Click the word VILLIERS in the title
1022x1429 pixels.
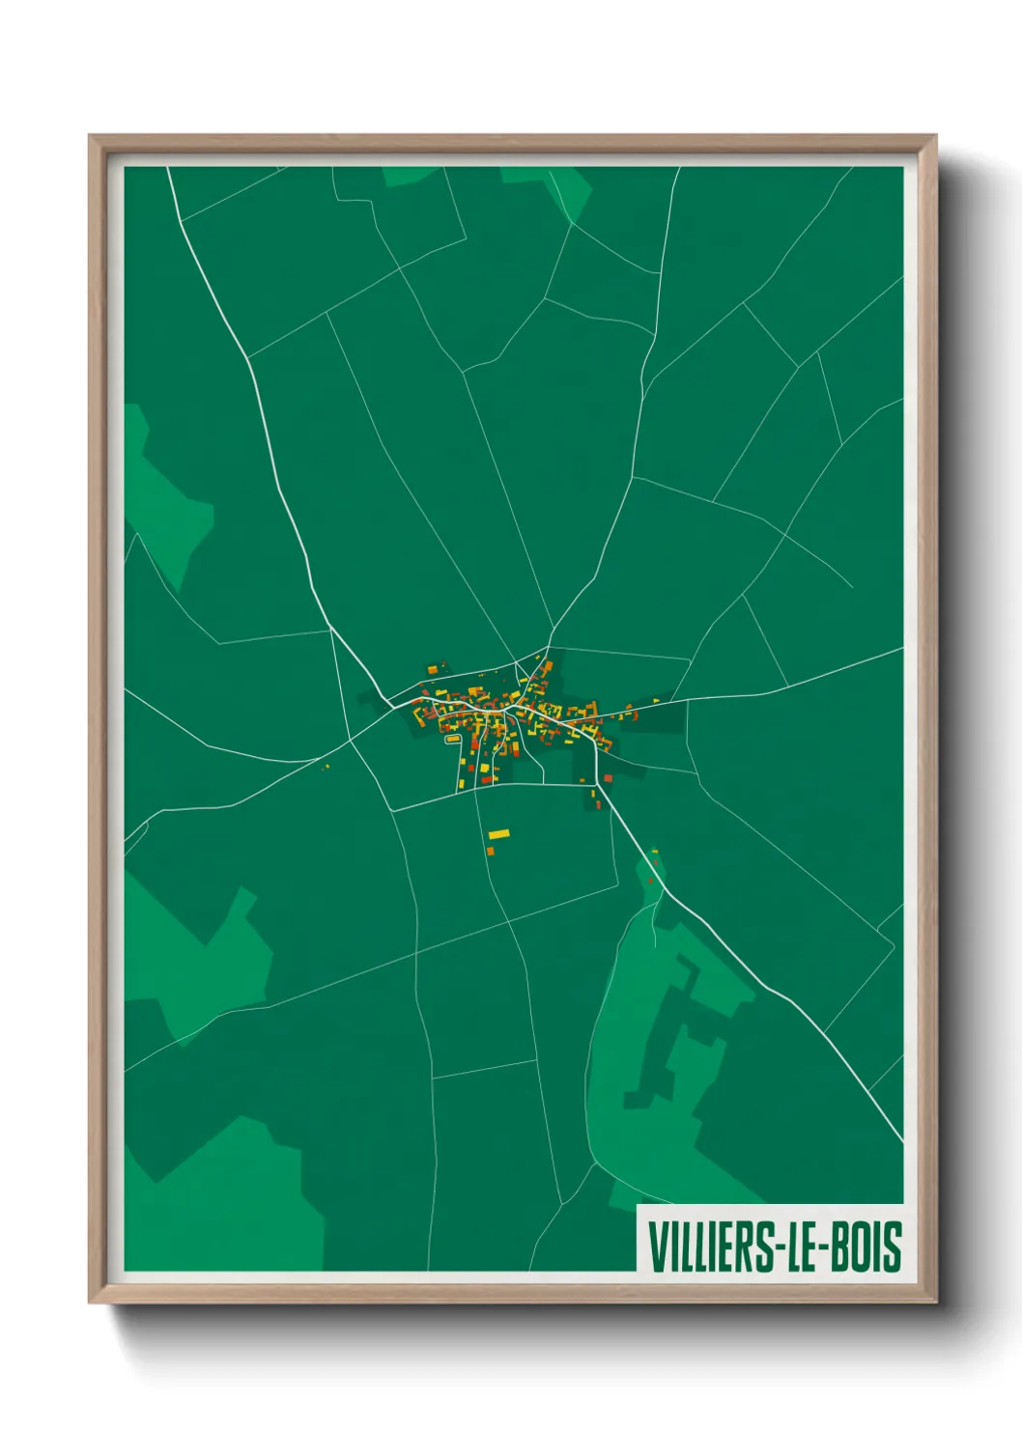coord(711,1247)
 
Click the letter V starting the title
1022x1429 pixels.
coord(656,1247)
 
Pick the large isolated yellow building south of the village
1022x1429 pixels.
coord(498,834)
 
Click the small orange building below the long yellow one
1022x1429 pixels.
coord(490,851)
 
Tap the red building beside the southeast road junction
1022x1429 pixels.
coord(607,777)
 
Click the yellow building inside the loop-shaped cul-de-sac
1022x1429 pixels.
coord(452,740)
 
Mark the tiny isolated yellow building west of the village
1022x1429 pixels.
coord(326,767)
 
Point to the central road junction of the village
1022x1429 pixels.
coord(505,710)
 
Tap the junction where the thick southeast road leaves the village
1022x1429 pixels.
coord(598,783)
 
